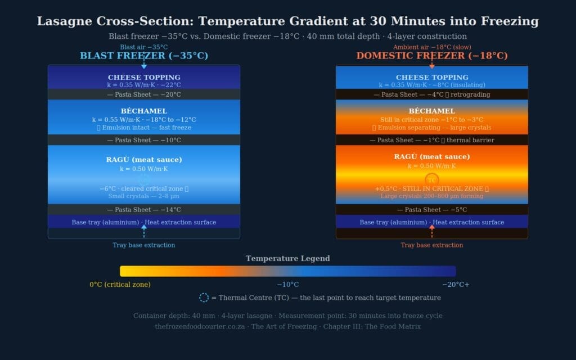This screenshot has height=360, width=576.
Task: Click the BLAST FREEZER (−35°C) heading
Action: point(144,56)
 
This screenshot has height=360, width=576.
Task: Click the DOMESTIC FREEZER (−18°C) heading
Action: point(431,56)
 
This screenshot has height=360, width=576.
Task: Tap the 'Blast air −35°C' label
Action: point(144,47)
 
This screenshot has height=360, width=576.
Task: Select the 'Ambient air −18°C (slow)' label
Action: point(432,47)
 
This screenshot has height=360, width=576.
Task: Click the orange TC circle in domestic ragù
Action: point(431,180)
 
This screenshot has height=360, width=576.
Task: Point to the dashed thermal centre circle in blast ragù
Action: point(144,180)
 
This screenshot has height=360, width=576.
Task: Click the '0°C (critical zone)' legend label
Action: point(120,285)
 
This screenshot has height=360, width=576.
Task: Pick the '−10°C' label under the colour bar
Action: point(287,285)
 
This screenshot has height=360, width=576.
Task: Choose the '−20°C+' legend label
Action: point(455,285)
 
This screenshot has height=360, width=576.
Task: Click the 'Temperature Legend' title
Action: point(287,259)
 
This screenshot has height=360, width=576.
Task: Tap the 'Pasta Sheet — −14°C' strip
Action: point(144,210)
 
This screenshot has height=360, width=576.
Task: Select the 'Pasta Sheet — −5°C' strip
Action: point(432,210)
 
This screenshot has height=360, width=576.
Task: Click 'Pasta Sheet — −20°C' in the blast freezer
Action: point(144,94)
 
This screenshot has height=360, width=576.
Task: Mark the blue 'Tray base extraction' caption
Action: point(144,245)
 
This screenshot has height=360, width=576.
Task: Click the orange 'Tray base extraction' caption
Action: point(432,245)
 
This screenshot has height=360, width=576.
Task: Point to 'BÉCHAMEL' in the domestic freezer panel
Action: point(432,111)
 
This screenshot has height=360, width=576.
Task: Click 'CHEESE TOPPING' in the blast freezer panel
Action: point(144,78)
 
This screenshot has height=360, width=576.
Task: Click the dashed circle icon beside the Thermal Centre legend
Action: point(204,298)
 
